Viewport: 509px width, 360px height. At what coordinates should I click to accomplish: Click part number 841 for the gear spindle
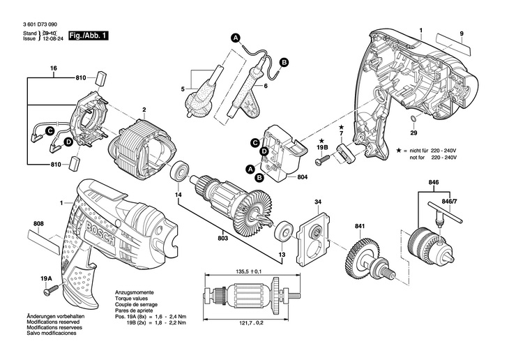click(360, 227)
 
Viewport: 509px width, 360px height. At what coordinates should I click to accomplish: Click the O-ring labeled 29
click(413, 123)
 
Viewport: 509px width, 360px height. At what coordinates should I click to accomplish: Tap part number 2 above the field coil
click(144, 110)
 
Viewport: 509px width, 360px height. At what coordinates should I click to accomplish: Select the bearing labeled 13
click(284, 232)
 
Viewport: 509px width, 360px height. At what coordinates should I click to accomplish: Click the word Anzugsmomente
click(135, 292)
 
